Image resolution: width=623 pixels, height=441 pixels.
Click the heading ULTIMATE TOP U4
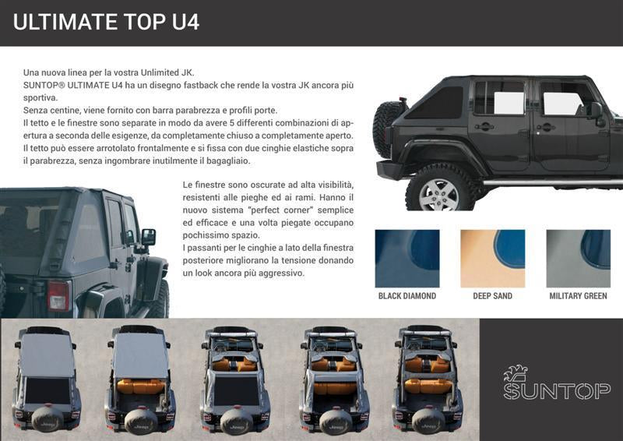tap(106, 22)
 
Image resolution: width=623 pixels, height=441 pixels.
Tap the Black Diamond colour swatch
tap(407, 259)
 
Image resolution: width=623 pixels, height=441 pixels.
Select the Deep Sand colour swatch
tap(493, 259)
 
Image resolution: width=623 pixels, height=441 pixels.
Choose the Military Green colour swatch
tap(578, 259)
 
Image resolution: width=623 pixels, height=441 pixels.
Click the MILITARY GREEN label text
tap(578, 296)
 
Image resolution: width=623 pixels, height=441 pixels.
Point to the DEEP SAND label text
tap(493, 296)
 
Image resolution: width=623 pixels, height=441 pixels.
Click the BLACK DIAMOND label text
tap(407, 296)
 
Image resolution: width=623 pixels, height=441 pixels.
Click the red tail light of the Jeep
tap(59, 295)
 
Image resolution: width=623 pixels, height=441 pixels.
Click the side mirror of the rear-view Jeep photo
tap(148, 238)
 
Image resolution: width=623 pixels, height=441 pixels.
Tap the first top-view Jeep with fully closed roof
tap(48, 379)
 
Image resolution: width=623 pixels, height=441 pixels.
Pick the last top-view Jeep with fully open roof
tap(428, 379)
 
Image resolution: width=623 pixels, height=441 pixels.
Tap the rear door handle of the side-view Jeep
tap(484, 127)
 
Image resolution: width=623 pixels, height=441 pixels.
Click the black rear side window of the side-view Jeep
tap(435, 103)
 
